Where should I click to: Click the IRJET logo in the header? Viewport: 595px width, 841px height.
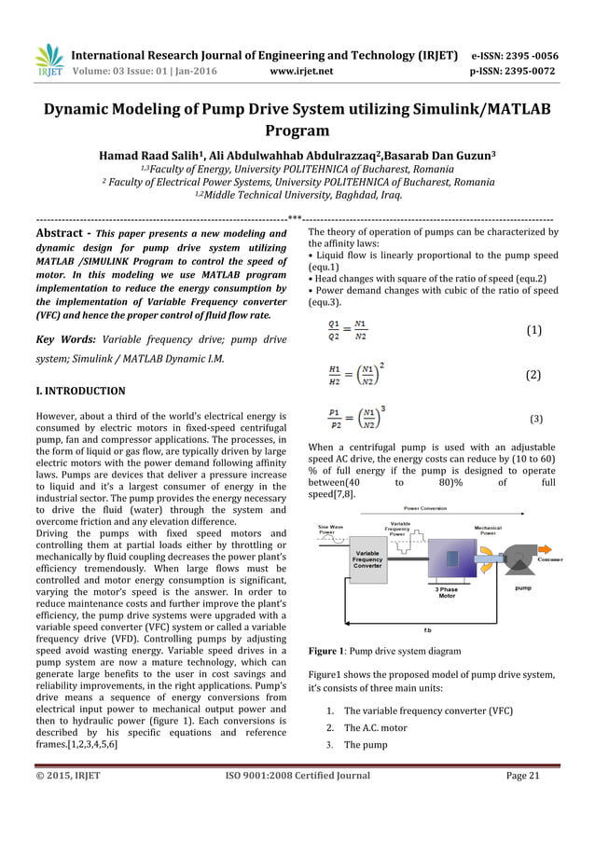coord(49,61)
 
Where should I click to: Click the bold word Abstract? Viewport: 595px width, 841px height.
coord(62,233)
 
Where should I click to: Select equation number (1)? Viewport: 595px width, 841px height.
coord(533,330)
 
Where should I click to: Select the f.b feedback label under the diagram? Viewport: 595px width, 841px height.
coord(428,629)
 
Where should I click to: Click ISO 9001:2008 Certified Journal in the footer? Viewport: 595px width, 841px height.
coord(297,775)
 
